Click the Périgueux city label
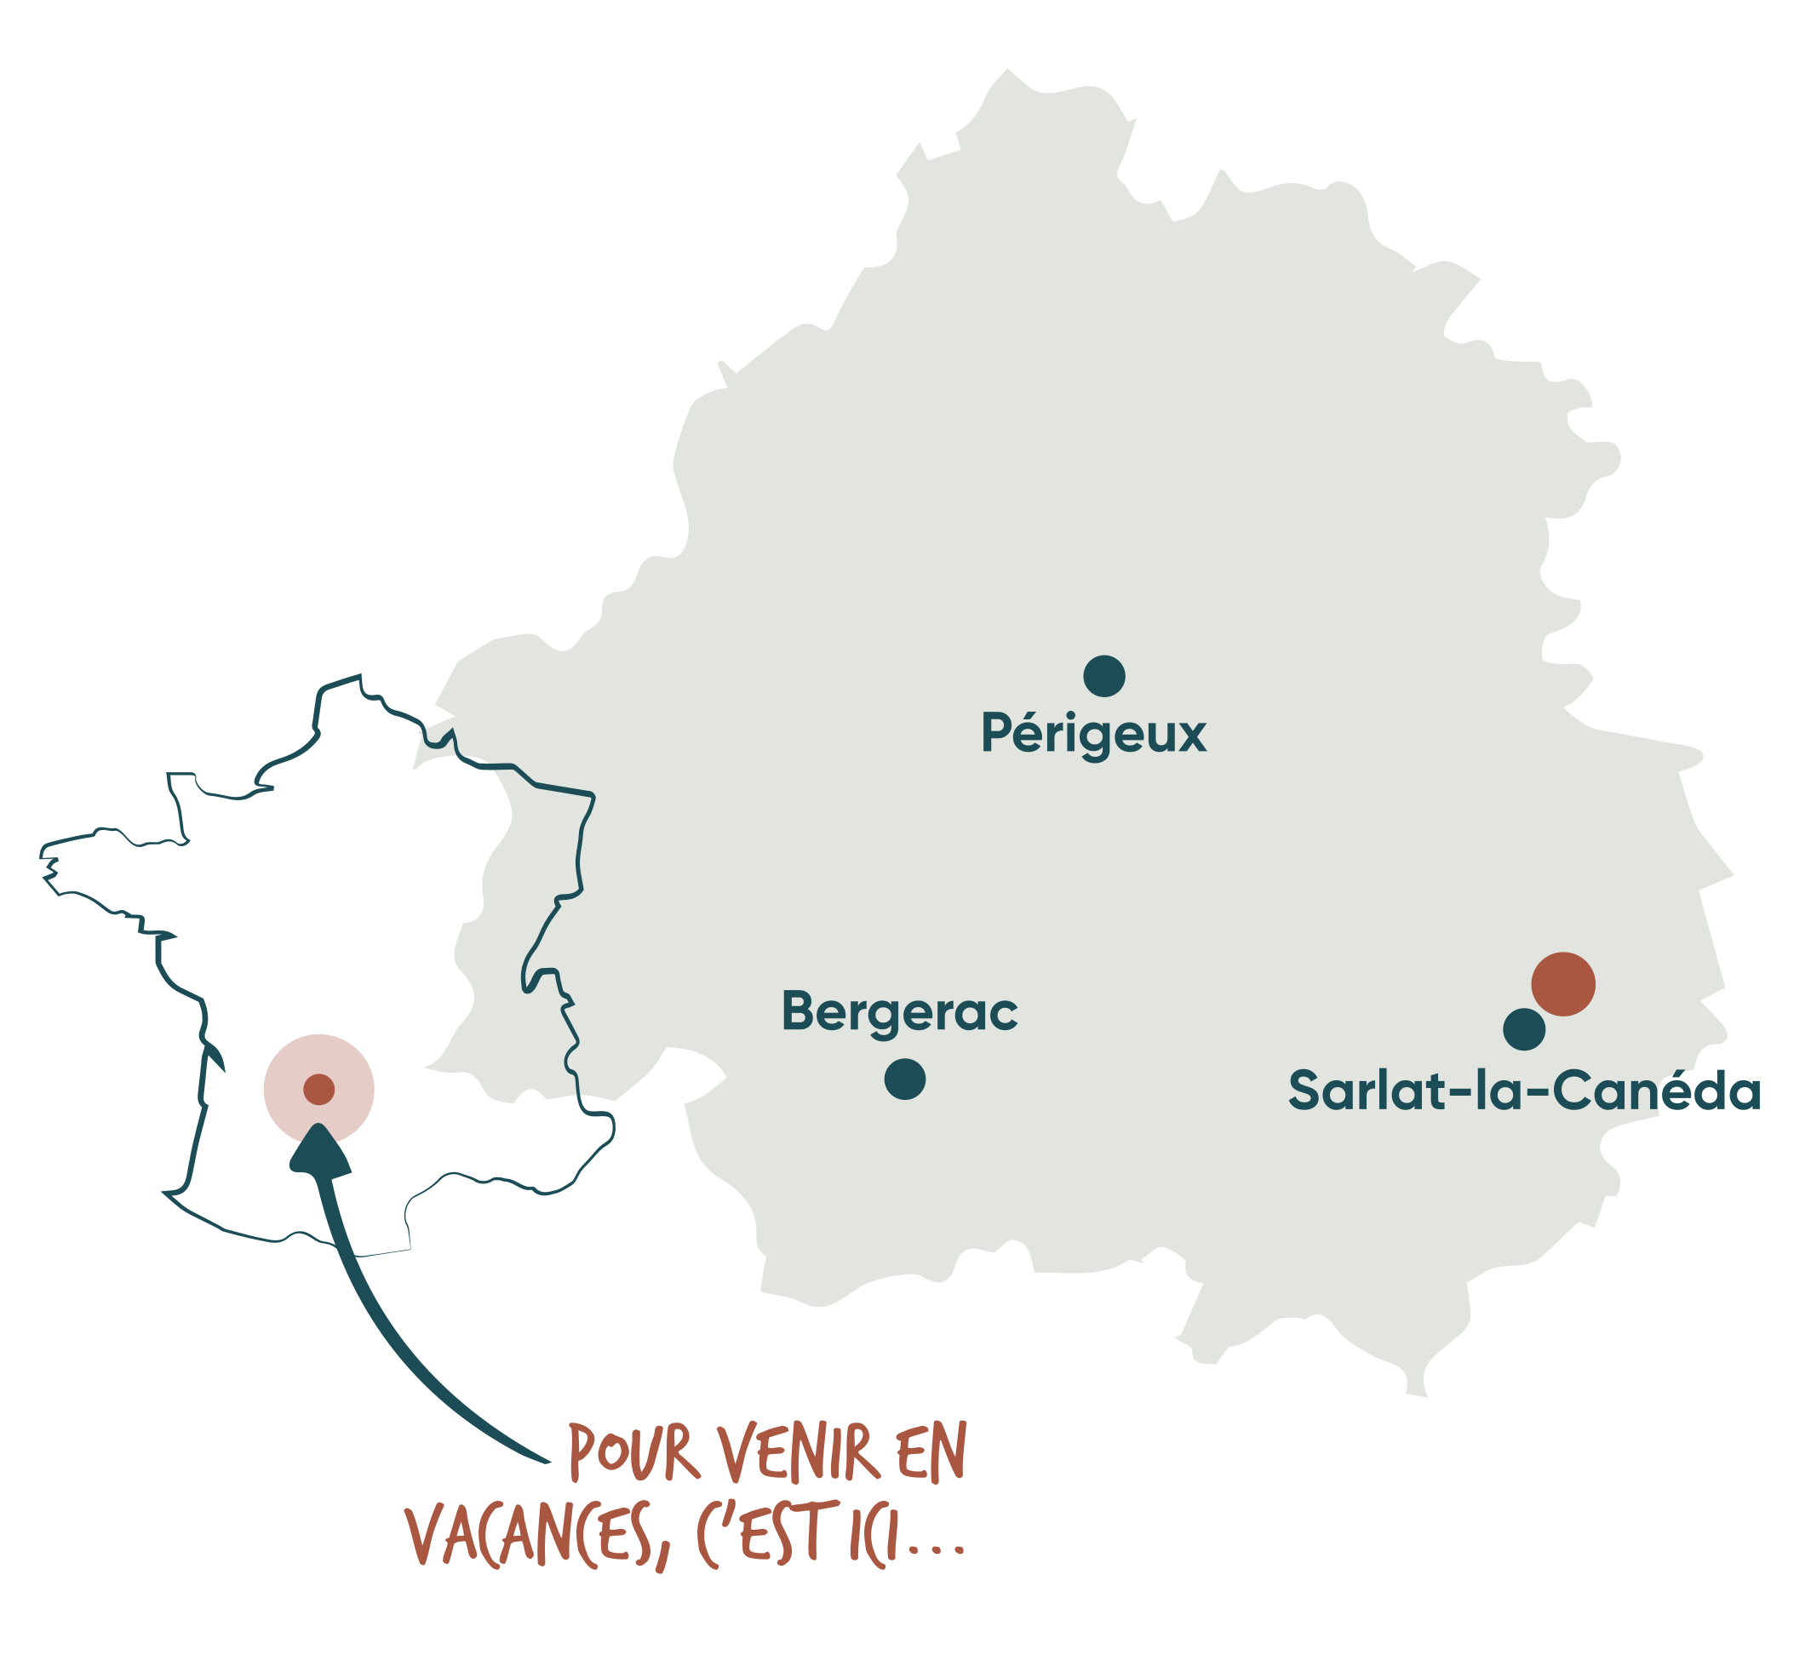tap(1092, 735)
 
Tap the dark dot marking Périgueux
tap(1104, 676)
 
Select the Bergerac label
tap(899, 1010)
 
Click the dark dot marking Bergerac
tap(905, 1079)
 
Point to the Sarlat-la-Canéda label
tap(1523, 1091)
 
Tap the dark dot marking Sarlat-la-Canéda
tap(1524, 1029)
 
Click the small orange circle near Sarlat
tap(1564, 984)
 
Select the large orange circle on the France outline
tap(318, 1088)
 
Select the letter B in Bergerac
tap(798, 1010)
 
